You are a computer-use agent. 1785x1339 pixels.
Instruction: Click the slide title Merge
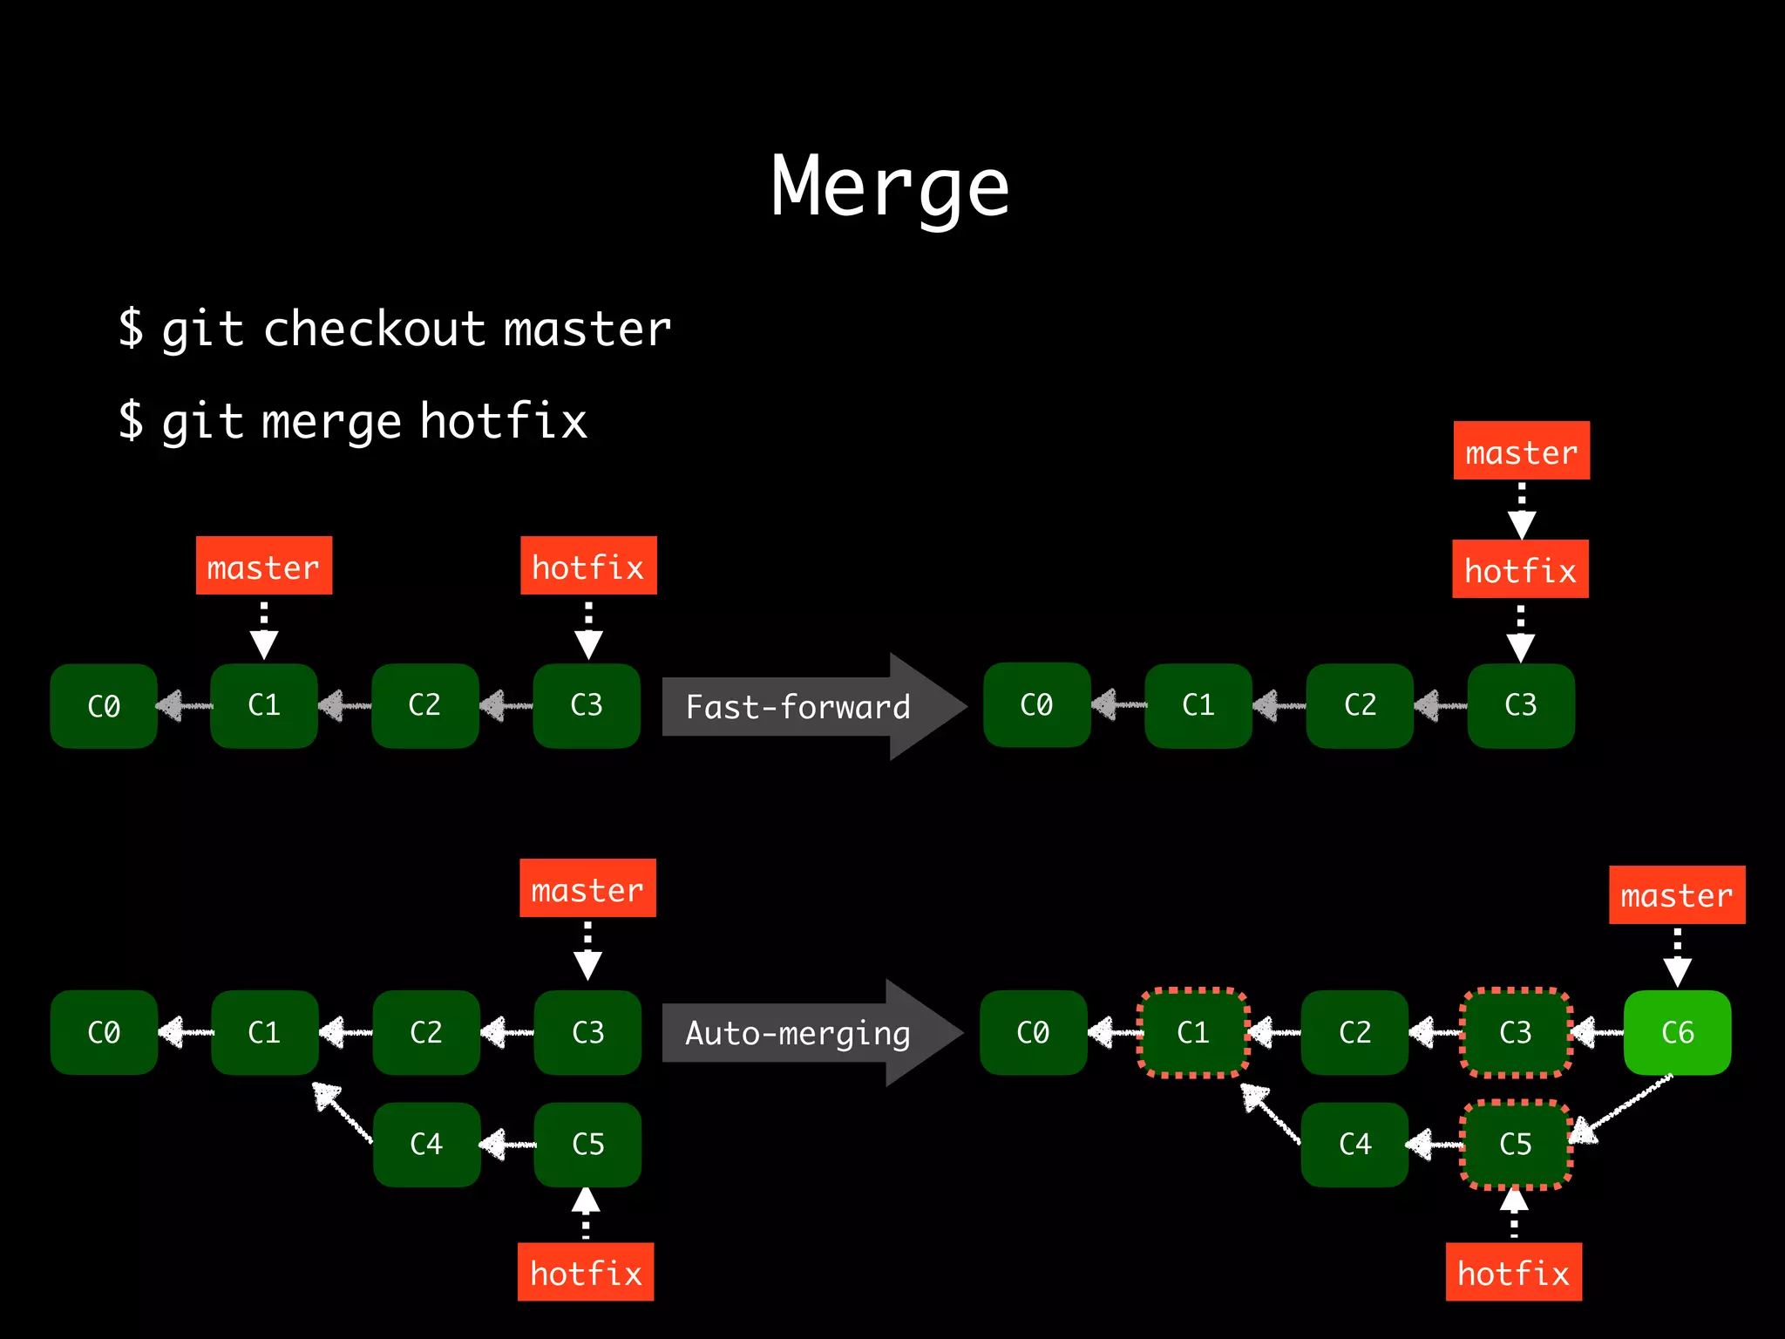(x=890, y=187)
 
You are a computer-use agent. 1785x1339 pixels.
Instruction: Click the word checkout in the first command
(x=373, y=330)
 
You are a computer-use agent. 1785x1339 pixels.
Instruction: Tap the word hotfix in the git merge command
(x=503, y=422)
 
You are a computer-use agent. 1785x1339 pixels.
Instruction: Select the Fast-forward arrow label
(x=797, y=707)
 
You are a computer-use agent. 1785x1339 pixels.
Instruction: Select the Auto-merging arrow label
(x=797, y=1033)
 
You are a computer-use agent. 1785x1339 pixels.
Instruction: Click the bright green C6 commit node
(x=1677, y=1033)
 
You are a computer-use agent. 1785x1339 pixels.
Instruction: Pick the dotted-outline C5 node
(x=1516, y=1145)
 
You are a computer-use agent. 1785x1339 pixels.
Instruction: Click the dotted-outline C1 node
(x=1192, y=1033)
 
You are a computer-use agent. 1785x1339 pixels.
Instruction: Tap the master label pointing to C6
(x=1676, y=895)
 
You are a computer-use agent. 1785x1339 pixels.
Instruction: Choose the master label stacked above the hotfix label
(x=1521, y=452)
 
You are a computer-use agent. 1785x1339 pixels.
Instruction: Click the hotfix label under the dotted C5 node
(x=1513, y=1273)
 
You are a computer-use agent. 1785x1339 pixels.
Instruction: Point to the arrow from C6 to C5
(x=1621, y=1109)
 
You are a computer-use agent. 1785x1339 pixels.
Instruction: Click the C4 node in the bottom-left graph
(x=426, y=1145)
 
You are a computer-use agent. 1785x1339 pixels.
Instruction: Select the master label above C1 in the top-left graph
(x=263, y=567)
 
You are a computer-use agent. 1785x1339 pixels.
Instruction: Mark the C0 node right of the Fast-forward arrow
(x=1036, y=705)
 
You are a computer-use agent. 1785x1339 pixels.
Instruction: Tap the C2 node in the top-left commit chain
(x=424, y=705)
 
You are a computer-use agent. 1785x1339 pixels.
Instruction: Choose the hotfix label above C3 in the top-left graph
(x=588, y=567)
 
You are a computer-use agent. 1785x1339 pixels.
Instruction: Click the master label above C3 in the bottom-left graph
(x=587, y=889)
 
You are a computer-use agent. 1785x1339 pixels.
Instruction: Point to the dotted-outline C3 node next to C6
(x=1516, y=1033)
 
